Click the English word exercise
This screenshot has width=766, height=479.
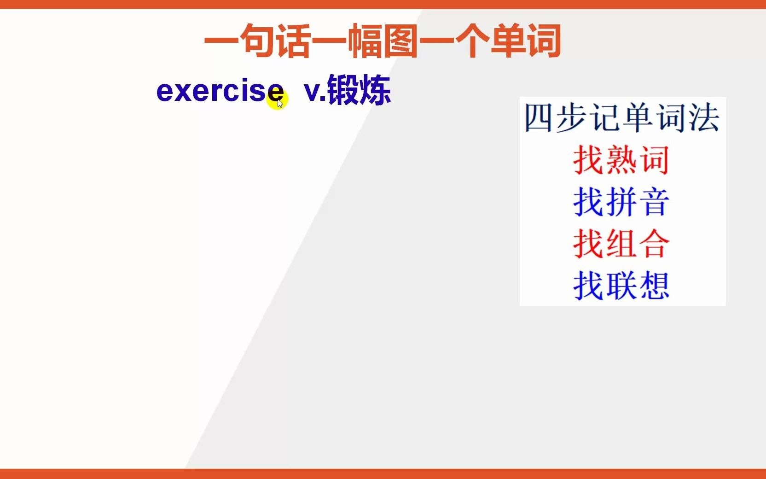220,91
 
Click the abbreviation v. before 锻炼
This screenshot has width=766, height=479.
315,91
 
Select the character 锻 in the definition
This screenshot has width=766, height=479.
342,90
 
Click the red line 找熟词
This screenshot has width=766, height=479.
621,160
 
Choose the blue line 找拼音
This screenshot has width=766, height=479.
621,202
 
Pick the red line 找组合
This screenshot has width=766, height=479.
621,244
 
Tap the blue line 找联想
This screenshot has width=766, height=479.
621,286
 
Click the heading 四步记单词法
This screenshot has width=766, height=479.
621,118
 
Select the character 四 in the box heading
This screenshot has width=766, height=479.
539,118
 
